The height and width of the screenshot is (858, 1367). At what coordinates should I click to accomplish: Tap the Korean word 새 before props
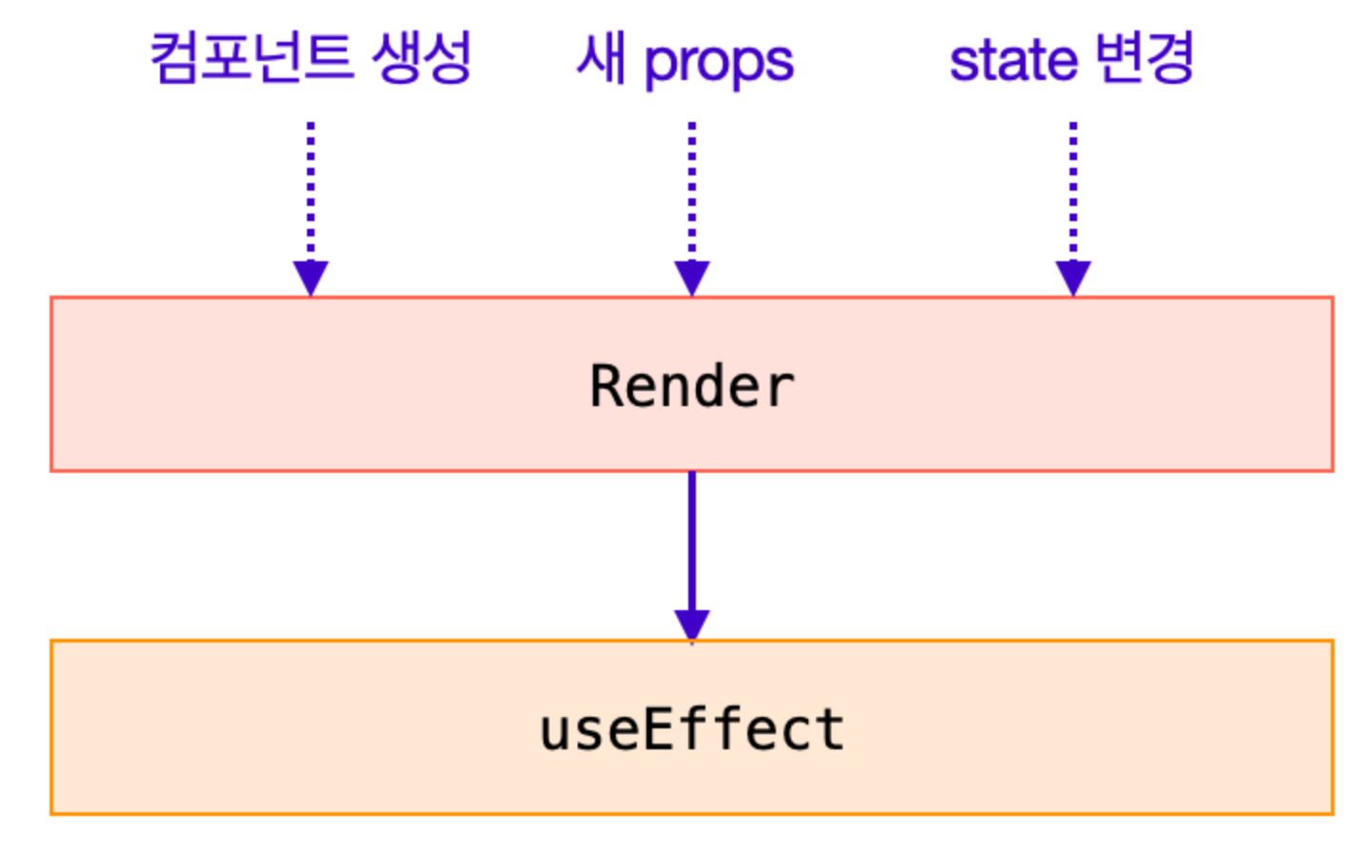click(602, 59)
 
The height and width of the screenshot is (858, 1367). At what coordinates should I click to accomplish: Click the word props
click(718, 63)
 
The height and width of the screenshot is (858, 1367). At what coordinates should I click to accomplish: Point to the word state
click(1013, 60)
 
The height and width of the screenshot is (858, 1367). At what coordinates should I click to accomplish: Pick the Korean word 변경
click(1144, 58)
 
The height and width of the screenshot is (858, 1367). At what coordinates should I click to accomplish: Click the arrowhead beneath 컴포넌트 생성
click(311, 277)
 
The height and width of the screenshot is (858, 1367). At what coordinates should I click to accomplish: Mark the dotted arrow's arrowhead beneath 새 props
click(692, 277)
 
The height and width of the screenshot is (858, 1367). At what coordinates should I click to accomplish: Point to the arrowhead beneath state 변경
click(1073, 277)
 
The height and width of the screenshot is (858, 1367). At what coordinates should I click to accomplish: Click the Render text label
click(692, 386)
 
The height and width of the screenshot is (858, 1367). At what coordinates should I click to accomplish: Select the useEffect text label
click(692, 730)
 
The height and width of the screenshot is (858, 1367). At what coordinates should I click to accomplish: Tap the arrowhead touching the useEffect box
click(692, 624)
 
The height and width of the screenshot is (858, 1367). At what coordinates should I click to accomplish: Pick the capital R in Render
click(606, 386)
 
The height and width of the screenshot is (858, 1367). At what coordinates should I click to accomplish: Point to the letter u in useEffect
click(555, 732)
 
